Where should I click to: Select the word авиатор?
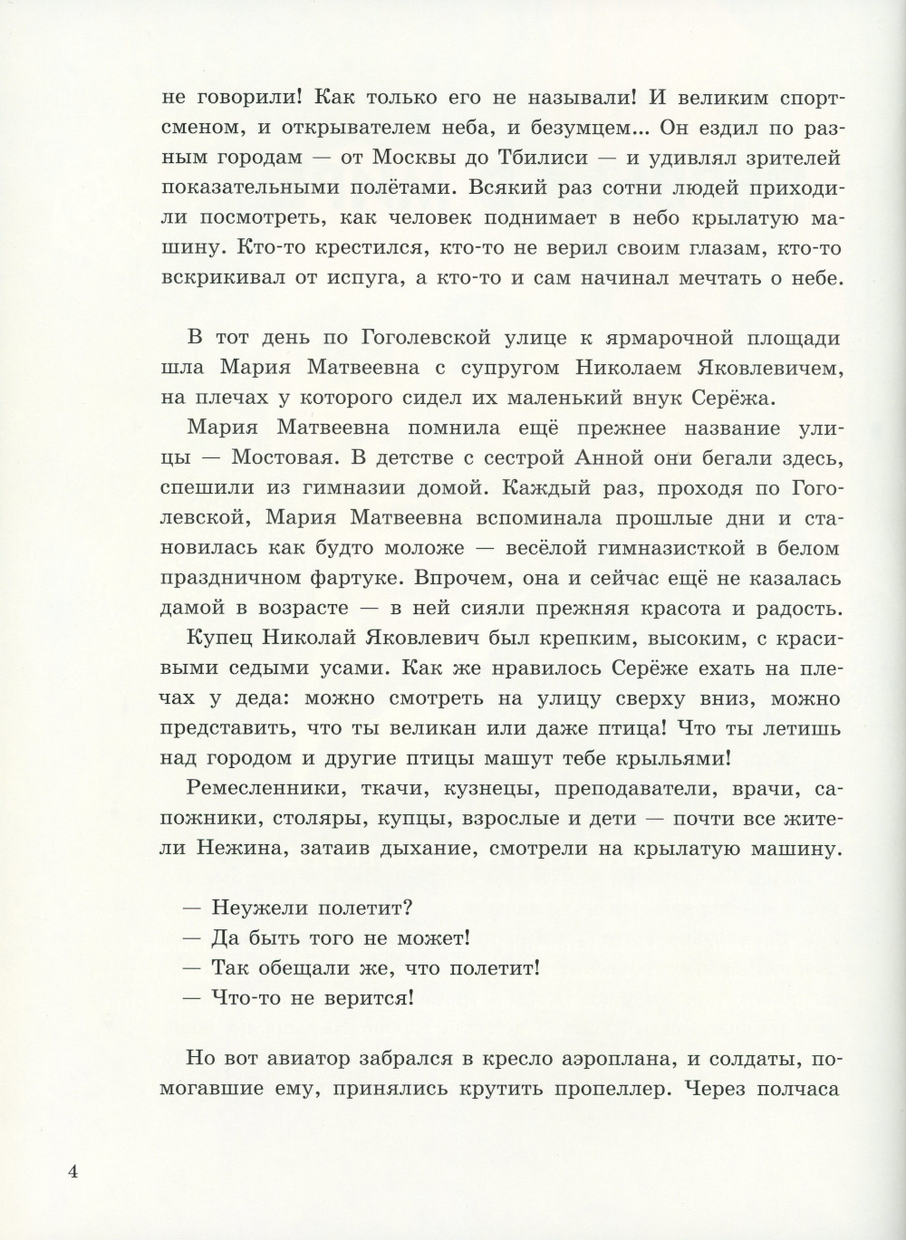click(x=322, y=1057)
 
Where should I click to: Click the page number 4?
click(x=74, y=1172)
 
